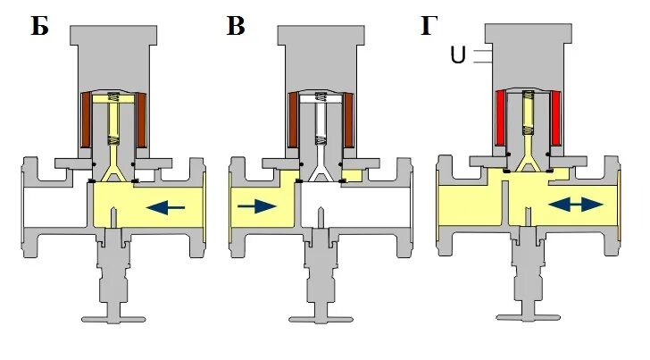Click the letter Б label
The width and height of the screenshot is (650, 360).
[x=38, y=26]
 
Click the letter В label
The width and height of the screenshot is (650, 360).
[x=236, y=26]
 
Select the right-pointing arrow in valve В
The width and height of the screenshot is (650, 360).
[x=258, y=207]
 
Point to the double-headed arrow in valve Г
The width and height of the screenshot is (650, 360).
[x=574, y=205]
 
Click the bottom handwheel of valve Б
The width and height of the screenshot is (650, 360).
[x=114, y=314]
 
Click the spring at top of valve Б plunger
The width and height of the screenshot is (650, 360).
[x=114, y=99]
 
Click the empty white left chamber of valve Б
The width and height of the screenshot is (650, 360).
[x=54, y=206]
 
